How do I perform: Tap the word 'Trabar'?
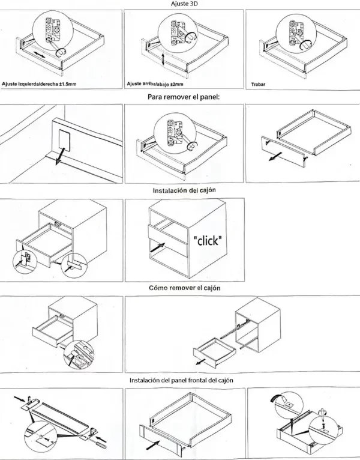(259, 84)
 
